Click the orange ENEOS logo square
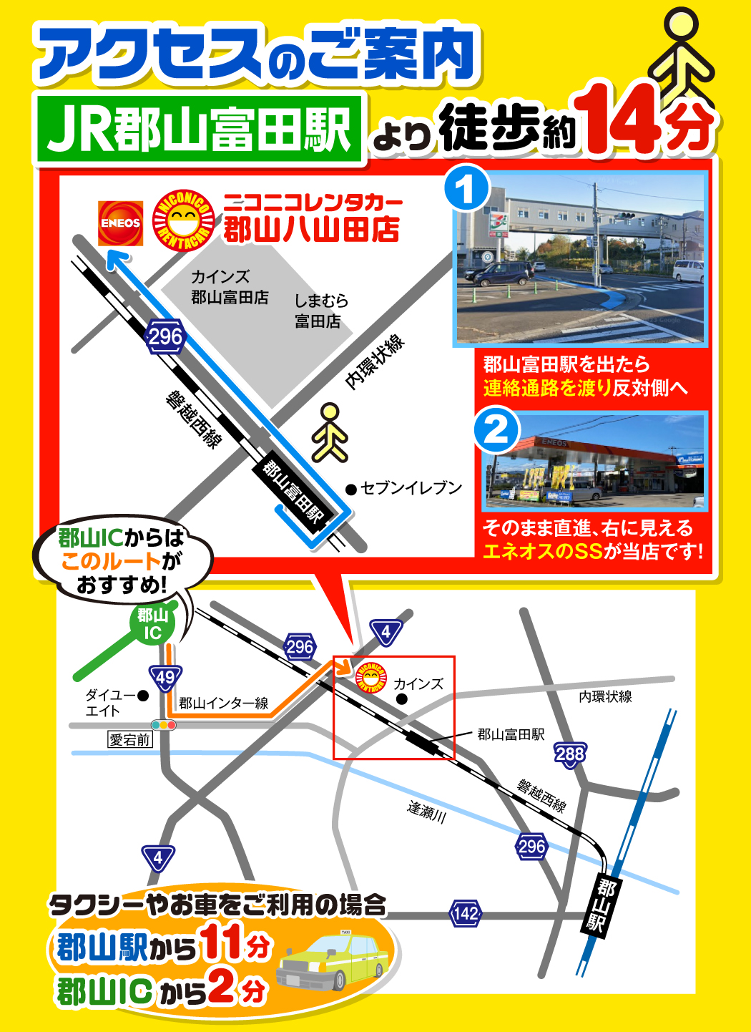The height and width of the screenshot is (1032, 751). coord(120,223)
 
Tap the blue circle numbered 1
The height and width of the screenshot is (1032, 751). coord(466,189)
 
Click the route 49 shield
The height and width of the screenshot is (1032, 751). coord(165,677)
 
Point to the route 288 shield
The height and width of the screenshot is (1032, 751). coord(569,754)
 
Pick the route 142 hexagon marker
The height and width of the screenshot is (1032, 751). coord(466,914)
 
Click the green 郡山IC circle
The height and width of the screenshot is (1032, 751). coord(152,624)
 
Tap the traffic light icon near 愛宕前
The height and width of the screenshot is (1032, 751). coord(164,725)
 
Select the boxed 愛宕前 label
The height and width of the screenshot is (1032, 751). coord(130,740)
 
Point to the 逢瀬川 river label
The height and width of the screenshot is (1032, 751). coord(427,812)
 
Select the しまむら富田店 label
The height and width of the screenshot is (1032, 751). coord(321,311)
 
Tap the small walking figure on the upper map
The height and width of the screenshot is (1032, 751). coord(330,433)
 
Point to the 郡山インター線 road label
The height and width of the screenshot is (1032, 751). coord(223,704)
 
